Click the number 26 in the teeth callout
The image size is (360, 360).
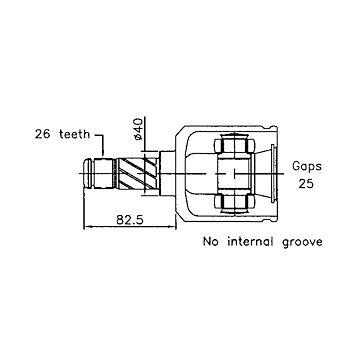tap(43, 134)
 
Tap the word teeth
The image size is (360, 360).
tap(75, 134)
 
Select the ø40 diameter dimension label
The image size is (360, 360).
tap(138, 129)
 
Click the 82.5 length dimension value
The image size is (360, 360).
tap(130, 220)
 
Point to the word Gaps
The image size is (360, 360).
tap(307, 166)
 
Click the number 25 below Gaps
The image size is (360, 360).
tap(306, 183)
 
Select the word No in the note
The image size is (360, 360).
tap(211, 241)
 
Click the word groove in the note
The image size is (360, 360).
tap(302, 242)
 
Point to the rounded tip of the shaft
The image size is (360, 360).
tap(88, 173)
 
